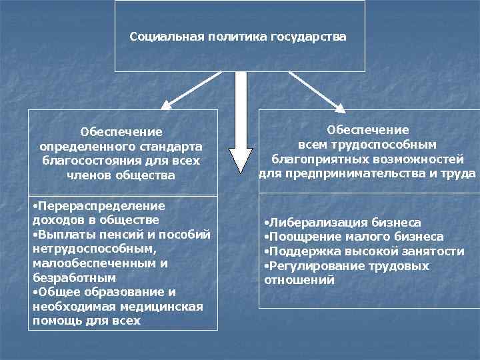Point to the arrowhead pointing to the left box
(x=167, y=104)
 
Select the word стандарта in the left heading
(x=167, y=146)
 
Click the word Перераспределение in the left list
(x=100, y=206)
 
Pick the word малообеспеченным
(x=86, y=263)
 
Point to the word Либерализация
(x=309, y=222)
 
